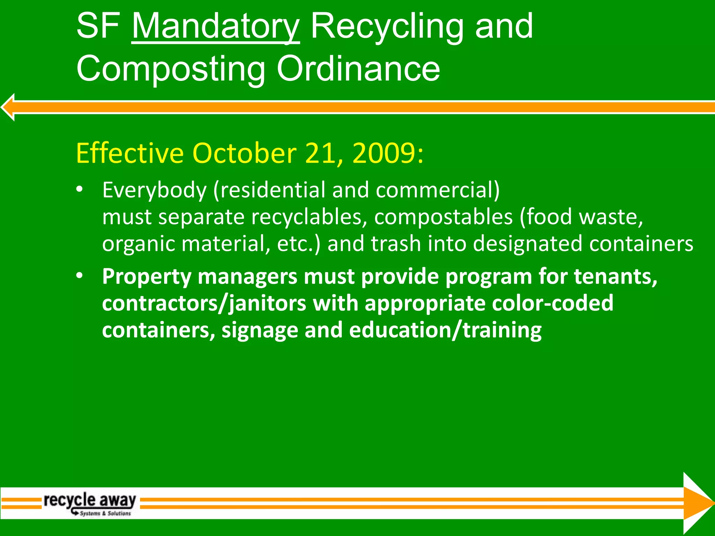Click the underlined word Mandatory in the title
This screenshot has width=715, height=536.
pyautogui.click(x=215, y=27)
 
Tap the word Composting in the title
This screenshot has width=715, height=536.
pyautogui.click(x=171, y=69)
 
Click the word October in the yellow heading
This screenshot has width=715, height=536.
pyautogui.click(x=244, y=153)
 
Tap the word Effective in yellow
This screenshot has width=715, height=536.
pyautogui.click(x=130, y=153)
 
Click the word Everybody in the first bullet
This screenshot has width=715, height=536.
pyautogui.click(x=154, y=191)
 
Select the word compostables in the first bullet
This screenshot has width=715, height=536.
pyautogui.click(x=443, y=217)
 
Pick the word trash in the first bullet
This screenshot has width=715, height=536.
pyautogui.click(x=396, y=244)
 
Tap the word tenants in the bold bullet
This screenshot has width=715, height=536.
pyautogui.click(x=615, y=276)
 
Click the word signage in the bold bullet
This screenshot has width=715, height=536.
pyautogui.click(x=259, y=330)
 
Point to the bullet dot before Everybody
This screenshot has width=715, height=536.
pyautogui.click(x=80, y=189)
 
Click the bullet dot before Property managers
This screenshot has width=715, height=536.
pyautogui.click(x=80, y=276)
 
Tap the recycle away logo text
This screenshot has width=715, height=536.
pyautogui.click(x=89, y=500)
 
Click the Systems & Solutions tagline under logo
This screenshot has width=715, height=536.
pyautogui.click(x=105, y=513)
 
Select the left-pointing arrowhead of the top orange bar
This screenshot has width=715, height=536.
pyautogui.click(x=8, y=107)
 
